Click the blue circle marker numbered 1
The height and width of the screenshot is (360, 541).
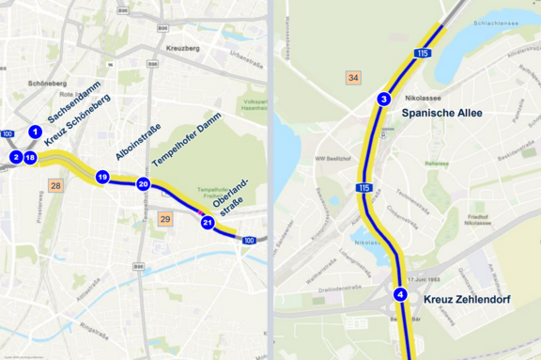pyautogui.click(x=35, y=132)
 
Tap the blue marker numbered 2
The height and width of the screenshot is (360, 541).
pyautogui.click(x=16, y=157)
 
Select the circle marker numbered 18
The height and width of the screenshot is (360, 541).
pyautogui.click(x=30, y=157)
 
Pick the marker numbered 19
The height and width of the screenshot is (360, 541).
pyautogui.click(x=102, y=177)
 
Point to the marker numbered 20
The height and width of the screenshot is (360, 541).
pyautogui.click(x=144, y=184)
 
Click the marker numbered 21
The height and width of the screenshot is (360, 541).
pyautogui.click(x=208, y=223)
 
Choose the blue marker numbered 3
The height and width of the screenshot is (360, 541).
pyautogui.click(x=383, y=100)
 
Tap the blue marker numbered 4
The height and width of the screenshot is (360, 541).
pyautogui.click(x=400, y=294)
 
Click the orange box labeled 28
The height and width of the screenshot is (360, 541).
pyautogui.click(x=56, y=185)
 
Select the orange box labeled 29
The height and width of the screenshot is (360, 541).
pyautogui.click(x=165, y=219)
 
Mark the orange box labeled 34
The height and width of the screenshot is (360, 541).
pyautogui.click(x=353, y=77)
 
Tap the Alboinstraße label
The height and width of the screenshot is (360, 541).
pyautogui.click(x=138, y=141)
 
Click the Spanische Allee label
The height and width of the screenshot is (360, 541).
pyautogui.click(x=441, y=113)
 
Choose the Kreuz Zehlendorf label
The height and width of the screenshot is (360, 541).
pyautogui.click(x=470, y=299)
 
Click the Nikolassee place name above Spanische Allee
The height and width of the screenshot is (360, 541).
pyautogui.click(x=423, y=97)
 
